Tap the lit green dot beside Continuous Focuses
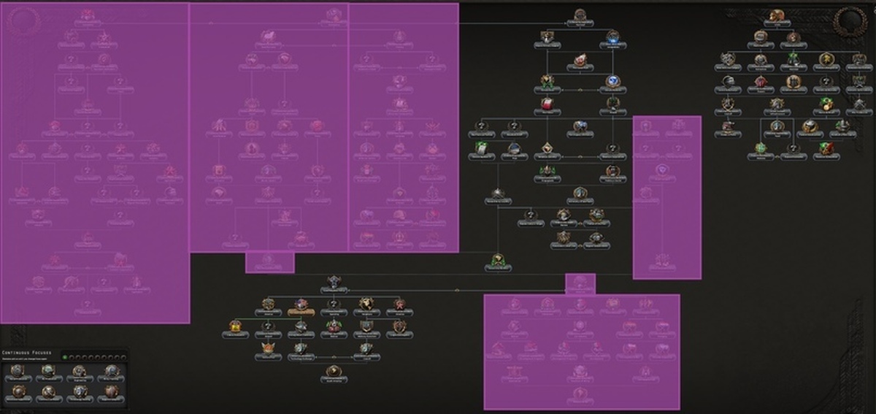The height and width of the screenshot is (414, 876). tap(64, 356)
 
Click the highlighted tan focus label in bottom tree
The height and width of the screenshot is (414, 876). tap(301, 312)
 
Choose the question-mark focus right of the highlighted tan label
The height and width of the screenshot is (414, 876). tap(334, 304)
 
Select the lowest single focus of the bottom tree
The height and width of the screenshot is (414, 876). tap(334, 372)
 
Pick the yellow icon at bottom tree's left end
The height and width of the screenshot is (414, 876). tap(234, 326)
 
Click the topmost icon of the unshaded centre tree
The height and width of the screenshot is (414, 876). tap(580, 15)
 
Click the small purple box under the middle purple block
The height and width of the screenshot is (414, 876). tap(269, 262)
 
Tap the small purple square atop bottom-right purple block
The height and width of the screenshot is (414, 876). tap(580, 283)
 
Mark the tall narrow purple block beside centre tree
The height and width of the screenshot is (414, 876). tap(666, 197)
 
